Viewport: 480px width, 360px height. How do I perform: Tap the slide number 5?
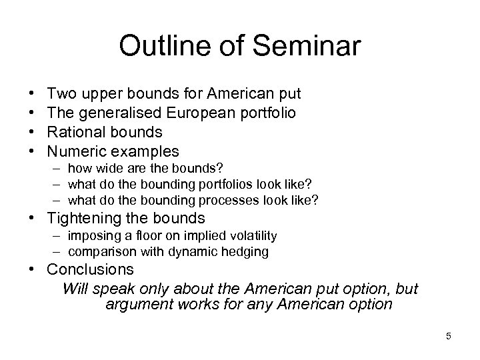(x=449, y=336)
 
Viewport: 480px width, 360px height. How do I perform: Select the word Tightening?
(x=94, y=218)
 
